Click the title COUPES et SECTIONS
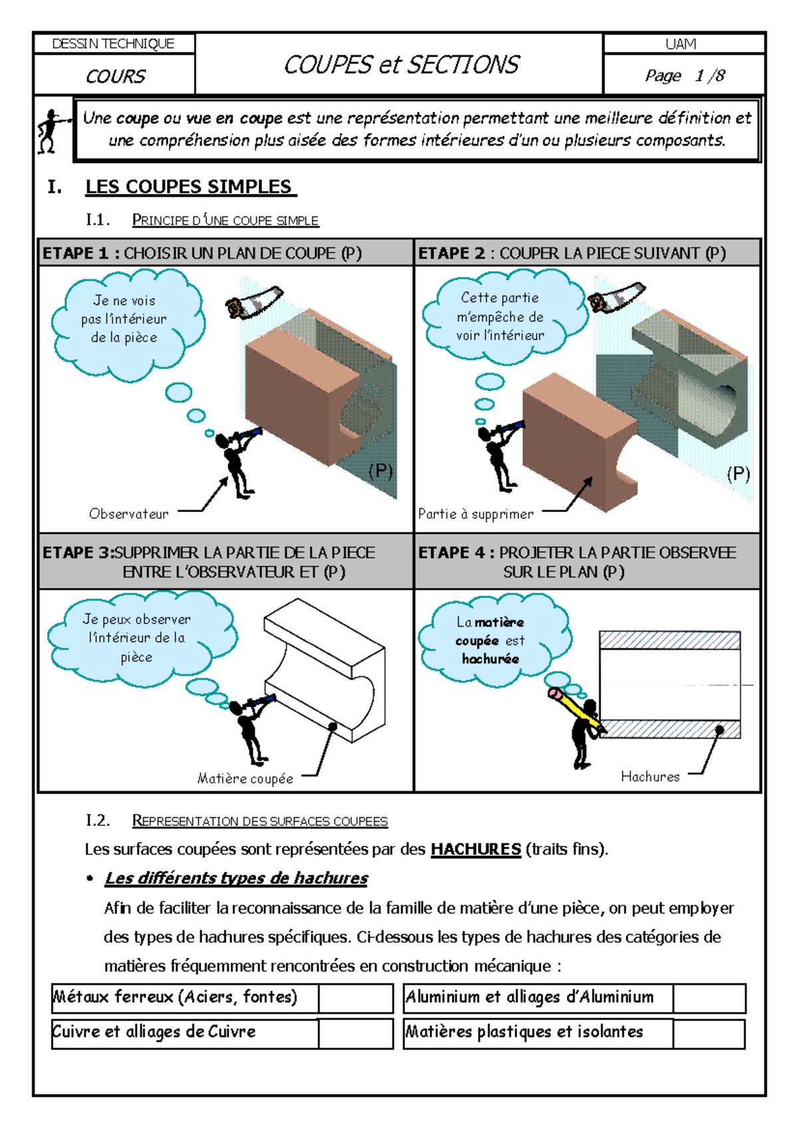point(401,64)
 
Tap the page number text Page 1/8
point(684,76)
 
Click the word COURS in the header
point(115,76)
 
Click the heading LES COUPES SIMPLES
point(189,187)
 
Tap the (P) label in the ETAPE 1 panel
point(380,471)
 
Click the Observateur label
point(129,514)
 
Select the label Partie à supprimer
point(475,514)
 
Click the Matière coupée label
point(245,779)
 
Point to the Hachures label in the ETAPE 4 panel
point(650,777)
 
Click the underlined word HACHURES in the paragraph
point(475,849)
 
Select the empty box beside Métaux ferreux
point(355,998)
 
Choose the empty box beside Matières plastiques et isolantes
point(708,1034)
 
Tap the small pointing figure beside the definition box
point(51,131)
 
